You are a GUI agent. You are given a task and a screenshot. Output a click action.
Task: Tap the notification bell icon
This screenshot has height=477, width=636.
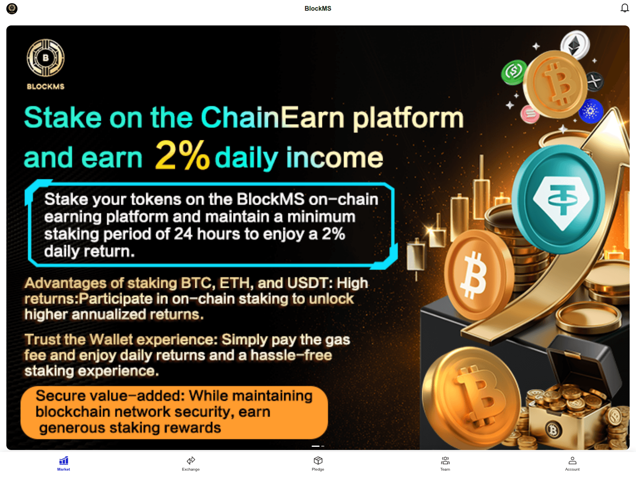624,8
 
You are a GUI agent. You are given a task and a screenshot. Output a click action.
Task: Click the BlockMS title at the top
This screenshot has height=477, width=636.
318,8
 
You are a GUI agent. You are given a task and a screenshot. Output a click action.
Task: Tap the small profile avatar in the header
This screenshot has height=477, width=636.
12,8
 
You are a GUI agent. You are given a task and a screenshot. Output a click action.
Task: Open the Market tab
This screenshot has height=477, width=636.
64,463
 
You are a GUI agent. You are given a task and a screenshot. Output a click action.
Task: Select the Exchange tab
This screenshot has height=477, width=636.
191,463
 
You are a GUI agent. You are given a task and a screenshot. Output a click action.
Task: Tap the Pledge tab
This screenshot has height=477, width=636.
318,463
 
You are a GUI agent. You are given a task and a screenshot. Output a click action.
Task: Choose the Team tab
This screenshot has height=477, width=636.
445,463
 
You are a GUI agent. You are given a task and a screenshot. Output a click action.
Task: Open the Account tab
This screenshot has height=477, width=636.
572,463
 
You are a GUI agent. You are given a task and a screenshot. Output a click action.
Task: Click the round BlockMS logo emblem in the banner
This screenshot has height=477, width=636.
46,58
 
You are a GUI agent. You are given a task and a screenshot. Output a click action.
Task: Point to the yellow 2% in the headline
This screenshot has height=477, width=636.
182,155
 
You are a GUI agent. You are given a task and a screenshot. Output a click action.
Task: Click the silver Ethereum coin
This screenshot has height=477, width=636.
575,45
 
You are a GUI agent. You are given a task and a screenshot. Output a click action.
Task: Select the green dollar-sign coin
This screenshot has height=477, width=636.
514,72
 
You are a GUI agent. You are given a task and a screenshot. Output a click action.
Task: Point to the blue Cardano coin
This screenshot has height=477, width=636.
591,111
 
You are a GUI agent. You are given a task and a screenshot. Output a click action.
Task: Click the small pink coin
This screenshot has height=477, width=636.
530,114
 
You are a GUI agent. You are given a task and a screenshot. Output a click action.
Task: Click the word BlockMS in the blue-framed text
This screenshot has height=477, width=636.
270,199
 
